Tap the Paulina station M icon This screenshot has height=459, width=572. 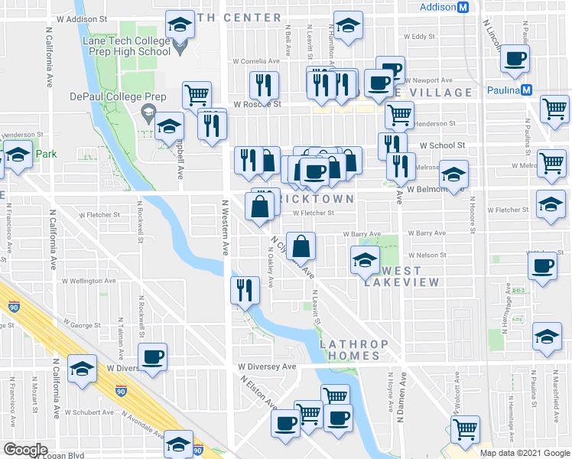point(526,90)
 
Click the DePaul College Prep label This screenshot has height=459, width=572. point(106,97)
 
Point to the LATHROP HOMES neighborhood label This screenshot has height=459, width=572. point(349,350)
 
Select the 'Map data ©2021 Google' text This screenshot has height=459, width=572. point(525,453)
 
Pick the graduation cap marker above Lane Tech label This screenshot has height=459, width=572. point(180,24)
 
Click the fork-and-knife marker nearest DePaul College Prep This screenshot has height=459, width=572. point(212,123)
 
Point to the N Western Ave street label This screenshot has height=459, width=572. point(226,228)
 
